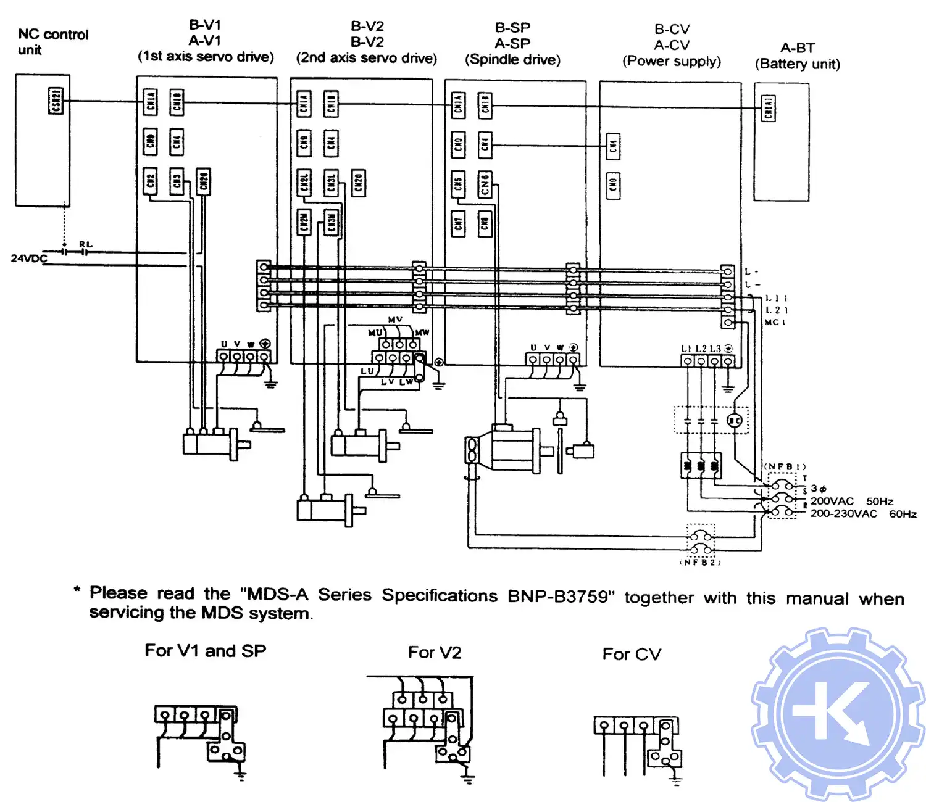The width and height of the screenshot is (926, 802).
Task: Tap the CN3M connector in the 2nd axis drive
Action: pos(332,223)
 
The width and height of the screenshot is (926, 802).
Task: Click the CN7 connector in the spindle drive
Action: pos(458,223)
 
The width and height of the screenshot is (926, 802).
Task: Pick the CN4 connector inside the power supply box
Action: pos(613,146)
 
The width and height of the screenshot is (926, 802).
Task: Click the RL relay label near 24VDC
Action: pos(86,245)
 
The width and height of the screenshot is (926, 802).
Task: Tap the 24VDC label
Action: pos(28,258)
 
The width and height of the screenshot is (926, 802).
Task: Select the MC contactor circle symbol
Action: pos(734,421)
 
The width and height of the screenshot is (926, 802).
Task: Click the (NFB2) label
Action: pos(700,562)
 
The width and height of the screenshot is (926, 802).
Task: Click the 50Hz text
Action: pos(879,501)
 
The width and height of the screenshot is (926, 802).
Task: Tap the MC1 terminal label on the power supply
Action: pos(775,323)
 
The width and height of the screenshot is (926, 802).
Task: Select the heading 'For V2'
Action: pos(434,653)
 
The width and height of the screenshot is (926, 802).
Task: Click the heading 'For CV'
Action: pos(631,655)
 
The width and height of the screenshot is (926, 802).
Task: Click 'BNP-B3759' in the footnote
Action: pos(561,597)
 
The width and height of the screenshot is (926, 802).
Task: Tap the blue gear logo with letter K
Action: pos(838,714)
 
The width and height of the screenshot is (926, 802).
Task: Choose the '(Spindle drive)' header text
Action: pos(512,60)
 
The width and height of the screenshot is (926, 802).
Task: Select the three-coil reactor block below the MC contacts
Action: pos(701,466)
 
